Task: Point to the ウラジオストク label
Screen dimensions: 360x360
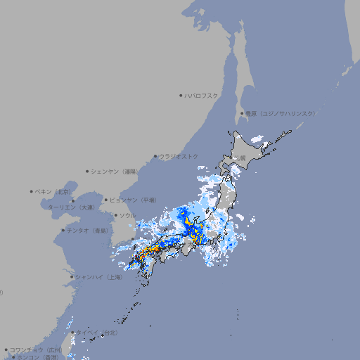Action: tap(179, 156)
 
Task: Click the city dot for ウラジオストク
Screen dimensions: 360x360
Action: tap(155, 156)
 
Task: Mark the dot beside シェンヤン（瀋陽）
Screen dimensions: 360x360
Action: tap(88, 171)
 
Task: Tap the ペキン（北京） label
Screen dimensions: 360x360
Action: tap(54, 191)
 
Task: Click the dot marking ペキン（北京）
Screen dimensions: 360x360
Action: tap(32, 191)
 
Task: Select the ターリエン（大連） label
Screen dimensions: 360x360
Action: tap(70, 207)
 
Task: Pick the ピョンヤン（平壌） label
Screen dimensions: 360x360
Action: tap(133, 200)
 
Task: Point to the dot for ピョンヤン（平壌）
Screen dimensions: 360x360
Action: tap(107, 200)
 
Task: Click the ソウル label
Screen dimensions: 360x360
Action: tap(127, 215)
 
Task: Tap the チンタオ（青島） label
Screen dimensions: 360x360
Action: tap(89, 230)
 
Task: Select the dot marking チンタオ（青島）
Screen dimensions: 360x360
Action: tap(63, 230)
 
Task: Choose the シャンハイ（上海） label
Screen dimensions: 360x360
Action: tap(99, 277)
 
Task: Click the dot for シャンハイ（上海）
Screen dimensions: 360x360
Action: tap(72, 277)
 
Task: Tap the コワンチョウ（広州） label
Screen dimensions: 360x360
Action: tap(36, 349)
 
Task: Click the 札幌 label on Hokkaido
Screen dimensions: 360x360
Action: tap(240, 157)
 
